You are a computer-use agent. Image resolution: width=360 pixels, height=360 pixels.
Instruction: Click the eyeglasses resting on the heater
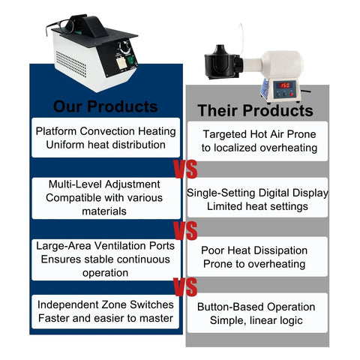[60, 27]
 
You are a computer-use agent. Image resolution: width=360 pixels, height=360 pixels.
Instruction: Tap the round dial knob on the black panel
[124, 47]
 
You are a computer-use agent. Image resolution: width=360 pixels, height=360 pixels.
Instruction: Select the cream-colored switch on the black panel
[122, 63]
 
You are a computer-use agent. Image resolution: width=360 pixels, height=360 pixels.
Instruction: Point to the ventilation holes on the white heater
[71, 64]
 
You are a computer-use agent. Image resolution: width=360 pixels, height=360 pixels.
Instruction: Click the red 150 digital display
[285, 85]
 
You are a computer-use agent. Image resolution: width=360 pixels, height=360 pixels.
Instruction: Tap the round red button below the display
[291, 94]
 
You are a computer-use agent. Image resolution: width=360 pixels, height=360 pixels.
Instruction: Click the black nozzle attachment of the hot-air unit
[223, 62]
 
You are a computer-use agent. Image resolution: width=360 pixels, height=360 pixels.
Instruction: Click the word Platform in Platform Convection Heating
[56, 131]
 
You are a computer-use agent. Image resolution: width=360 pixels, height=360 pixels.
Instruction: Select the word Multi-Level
[75, 184]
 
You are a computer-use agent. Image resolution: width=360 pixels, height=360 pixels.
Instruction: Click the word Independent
[70, 304]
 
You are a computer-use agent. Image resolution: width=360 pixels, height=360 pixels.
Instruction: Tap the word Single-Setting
[221, 193]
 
